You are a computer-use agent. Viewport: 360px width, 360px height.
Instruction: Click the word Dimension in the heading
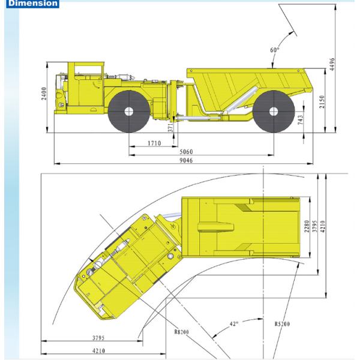pos(29,4)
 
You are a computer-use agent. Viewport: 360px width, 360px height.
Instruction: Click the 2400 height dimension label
pos(44,95)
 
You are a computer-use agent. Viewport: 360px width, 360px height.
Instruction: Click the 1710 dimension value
pos(154,144)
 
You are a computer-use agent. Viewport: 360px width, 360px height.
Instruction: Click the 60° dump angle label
pos(275,50)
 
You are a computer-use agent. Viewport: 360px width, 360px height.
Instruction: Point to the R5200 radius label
pos(282,325)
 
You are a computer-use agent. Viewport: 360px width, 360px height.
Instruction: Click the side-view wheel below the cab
pos(130,112)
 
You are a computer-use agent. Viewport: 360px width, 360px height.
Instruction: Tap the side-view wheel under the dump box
pos(274,112)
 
